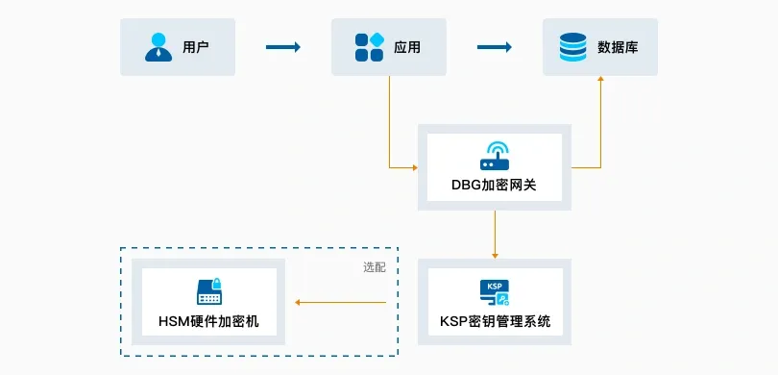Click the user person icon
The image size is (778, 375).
tap(158, 47)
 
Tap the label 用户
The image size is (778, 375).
tap(196, 47)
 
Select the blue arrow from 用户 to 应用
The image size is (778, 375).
tap(283, 47)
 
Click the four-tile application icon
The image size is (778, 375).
tap(370, 47)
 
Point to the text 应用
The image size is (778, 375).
tap(407, 47)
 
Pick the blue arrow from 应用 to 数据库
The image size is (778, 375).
tap(495, 47)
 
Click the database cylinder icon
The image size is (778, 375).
tap(573, 47)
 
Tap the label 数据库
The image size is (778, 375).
tap(618, 47)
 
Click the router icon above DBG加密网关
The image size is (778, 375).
tap(495, 156)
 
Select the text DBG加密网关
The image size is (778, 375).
tap(495, 186)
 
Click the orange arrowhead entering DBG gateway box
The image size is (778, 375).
tap(415, 168)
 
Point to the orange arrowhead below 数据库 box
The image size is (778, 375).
tap(601, 79)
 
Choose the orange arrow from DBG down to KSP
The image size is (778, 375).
tap(495, 234)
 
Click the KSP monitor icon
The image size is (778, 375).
tap(495, 292)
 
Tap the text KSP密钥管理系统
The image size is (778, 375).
tap(496, 321)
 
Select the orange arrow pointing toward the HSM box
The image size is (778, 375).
tap(340, 303)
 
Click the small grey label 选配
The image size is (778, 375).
tap(375, 267)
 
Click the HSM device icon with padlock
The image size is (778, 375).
tap(208, 292)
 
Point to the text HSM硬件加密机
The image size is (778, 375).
tap(208, 321)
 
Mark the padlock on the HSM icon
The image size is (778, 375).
tap(216, 284)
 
